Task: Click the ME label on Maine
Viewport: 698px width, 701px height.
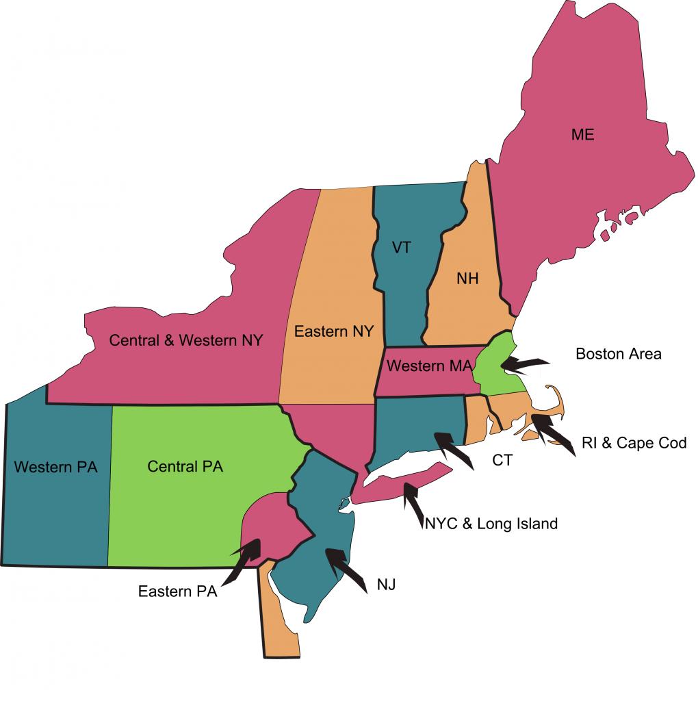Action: coord(582,135)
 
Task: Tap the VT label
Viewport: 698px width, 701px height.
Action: coord(402,247)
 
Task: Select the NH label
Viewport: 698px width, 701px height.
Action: coord(467,279)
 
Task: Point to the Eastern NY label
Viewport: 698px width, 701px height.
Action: coord(333,331)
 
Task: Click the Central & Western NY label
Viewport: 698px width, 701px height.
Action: coord(186,340)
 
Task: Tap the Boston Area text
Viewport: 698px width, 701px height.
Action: coord(618,354)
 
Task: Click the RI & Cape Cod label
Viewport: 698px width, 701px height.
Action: coord(634,443)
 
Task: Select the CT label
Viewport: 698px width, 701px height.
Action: coord(502,460)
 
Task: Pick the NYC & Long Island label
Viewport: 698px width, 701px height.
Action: coord(491,524)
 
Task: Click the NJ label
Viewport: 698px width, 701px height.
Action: coord(386,585)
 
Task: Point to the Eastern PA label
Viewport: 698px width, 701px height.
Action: coord(177,591)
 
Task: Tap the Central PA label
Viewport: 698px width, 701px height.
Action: coord(185,467)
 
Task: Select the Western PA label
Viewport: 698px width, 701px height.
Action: coord(55,468)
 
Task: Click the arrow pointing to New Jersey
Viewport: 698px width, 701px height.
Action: coord(346,567)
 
